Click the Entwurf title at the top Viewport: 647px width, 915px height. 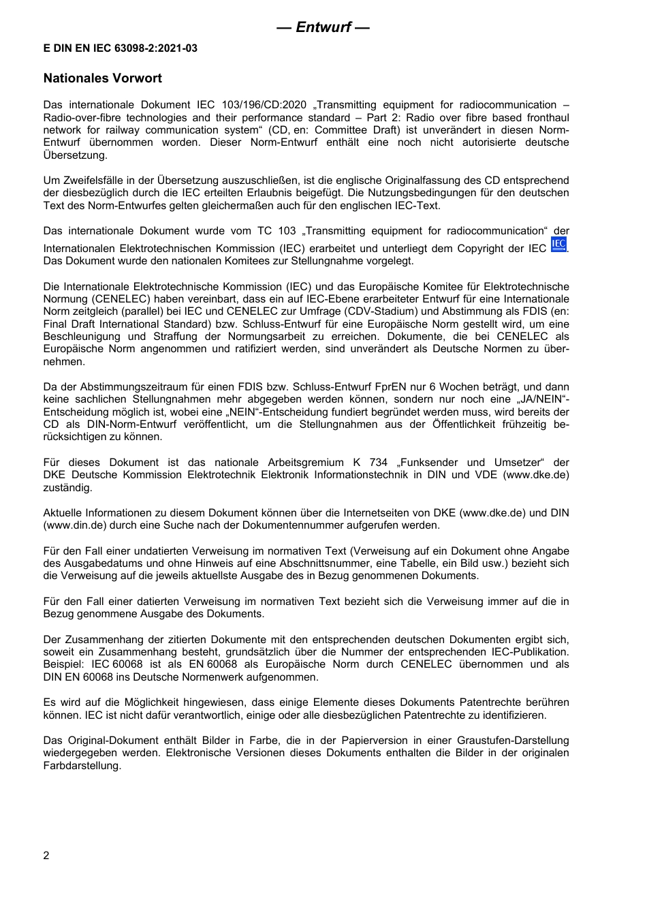tap(323, 27)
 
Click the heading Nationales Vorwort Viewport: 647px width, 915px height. tap(103, 78)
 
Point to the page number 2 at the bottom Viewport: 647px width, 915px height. tap(46, 856)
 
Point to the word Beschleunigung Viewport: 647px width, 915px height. tap(81, 337)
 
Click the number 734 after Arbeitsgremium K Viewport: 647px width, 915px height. tap(379, 463)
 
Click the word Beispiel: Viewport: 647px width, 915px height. tap(63, 664)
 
